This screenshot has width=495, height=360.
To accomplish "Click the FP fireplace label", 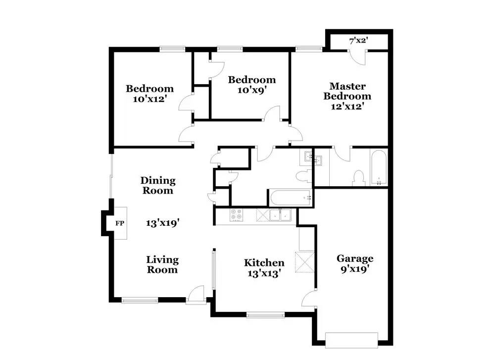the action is coord(120,223).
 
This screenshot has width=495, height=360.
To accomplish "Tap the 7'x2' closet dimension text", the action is coord(358,41).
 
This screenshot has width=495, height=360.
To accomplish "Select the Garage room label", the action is coord(355,258).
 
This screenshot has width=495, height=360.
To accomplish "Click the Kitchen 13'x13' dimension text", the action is coord(264,273).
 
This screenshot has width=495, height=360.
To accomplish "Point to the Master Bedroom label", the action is coord(347,91).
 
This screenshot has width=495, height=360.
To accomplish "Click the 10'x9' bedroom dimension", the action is coord(252,90).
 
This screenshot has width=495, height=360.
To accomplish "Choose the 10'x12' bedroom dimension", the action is coord(149,99).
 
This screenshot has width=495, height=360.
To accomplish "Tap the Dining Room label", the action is coord(158,185).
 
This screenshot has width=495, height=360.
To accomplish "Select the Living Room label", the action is coord(162,264).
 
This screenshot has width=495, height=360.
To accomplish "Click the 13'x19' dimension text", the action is coord(162,223).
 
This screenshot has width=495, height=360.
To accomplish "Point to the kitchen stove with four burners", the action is coord(237,215).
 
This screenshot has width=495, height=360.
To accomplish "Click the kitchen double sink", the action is coord(280,215).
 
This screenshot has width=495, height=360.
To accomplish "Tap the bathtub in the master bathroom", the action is coord(379,168).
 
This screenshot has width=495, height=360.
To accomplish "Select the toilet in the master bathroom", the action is coord(358,178).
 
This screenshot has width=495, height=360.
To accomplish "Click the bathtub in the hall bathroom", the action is coord(290,198).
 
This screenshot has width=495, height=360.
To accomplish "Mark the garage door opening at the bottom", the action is coord(351,340).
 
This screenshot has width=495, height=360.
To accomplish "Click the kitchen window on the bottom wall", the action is coord(265,314).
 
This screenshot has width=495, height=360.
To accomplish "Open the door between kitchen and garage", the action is coord(310,298).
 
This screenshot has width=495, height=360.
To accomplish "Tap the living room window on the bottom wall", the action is coord(140,300).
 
